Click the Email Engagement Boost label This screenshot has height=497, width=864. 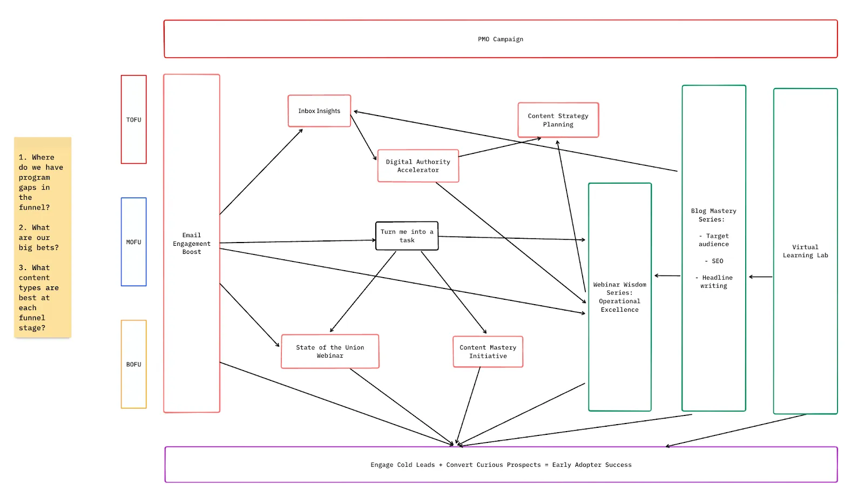(x=192, y=244)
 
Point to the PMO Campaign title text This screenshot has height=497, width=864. (x=500, y=39)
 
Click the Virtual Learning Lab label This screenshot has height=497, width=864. (x=805, y=251)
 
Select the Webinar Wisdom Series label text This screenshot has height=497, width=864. (x=620, y=297)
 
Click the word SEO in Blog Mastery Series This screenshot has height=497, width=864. (x=717, y=261)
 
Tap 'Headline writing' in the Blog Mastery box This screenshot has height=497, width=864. (x=713, y=281)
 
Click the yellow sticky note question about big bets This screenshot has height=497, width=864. (x=38, y=237)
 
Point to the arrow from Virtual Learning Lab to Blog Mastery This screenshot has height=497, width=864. (x=761, y=277)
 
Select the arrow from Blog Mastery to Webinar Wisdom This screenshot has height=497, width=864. (x=667, y=276)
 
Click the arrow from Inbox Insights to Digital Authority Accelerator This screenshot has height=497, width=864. (x=363, y=137)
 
